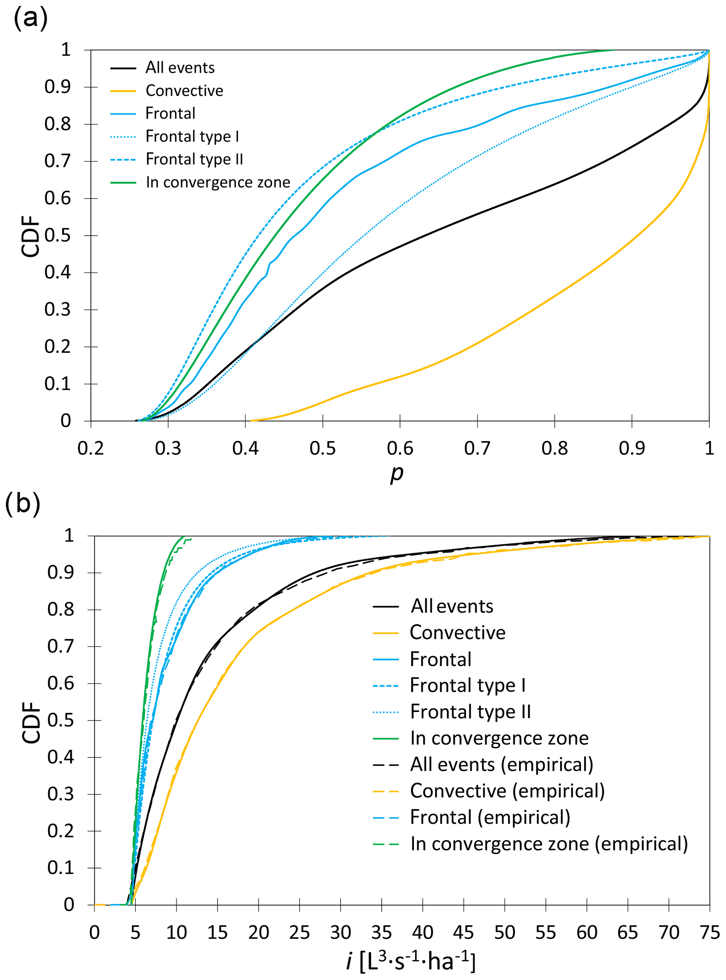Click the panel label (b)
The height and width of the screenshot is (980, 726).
(22, 504)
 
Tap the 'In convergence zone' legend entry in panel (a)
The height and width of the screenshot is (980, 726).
(218, 182)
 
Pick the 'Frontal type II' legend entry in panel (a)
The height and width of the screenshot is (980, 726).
(194, 159)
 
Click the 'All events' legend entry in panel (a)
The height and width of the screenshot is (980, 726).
(180, 68)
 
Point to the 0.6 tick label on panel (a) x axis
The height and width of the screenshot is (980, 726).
(400, 448)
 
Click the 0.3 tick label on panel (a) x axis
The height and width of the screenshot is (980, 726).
(168, 448)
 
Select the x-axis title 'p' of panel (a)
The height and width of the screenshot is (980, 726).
(397, 474)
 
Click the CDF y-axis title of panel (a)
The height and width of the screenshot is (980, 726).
(31, 236)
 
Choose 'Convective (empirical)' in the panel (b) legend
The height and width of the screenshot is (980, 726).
(507, 791)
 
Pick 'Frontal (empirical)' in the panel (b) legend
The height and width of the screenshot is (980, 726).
(490, 817)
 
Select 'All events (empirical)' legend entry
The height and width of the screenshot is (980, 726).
(502, 764)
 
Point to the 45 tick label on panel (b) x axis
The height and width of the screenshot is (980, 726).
(464, 932)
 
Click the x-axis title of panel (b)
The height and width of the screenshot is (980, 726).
(411, 961)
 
